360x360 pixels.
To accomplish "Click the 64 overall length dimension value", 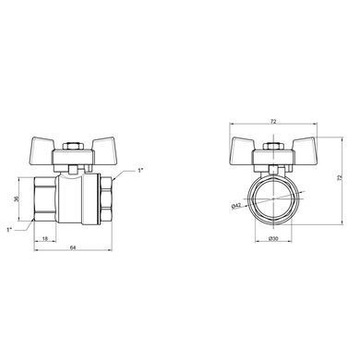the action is (73, 247).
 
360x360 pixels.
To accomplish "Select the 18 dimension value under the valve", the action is (45, 238).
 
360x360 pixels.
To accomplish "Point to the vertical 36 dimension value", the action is (17, 198).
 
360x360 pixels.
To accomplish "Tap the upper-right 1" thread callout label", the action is (140, 170).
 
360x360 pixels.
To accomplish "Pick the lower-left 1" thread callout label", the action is (9, 229).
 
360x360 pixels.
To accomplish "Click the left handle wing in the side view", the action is (43, 145).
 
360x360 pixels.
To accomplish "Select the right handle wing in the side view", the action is (102, 145).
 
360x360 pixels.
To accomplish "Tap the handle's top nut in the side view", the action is (73, 146).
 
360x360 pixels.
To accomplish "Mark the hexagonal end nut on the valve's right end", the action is (106, 199).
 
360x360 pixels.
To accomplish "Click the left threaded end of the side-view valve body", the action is (45, 199).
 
